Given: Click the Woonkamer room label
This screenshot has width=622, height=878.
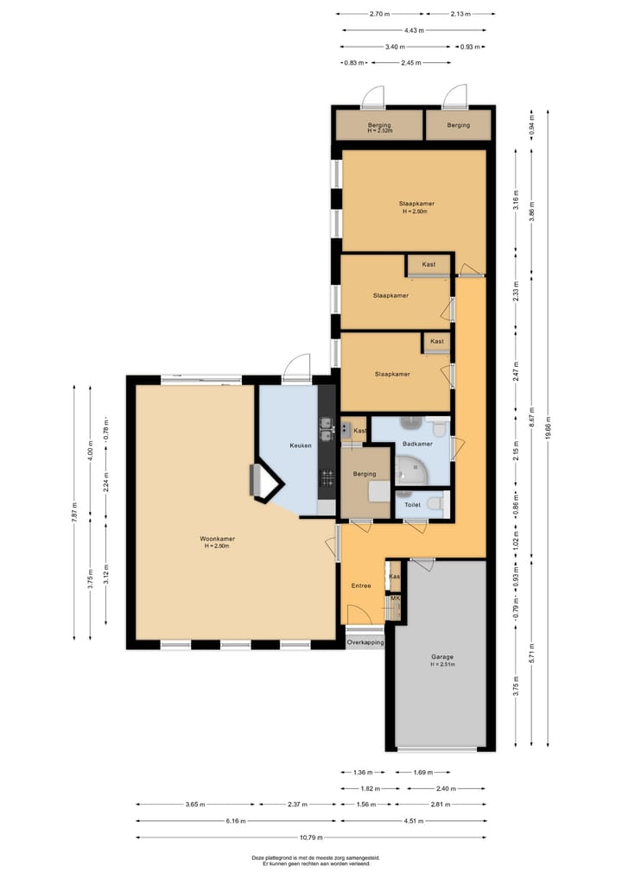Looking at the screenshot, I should [x=219, y=539].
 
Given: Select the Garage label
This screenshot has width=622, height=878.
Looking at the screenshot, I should [x=442, y=657].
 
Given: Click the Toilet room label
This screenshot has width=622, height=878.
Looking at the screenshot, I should [x=411, y=504].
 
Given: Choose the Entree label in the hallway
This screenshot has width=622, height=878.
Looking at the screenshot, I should [x=360, y=585].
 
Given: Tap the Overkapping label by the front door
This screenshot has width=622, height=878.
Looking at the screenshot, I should [x=365, y=642].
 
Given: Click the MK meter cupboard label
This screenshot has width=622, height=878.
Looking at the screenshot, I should [x=395, y=597].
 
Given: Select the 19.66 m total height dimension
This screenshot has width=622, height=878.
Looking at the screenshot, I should [x=548, y=427].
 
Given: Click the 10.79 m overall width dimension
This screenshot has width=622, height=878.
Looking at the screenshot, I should [x=311, y=837].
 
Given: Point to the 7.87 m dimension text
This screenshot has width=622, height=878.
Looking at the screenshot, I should [x=74, y=512].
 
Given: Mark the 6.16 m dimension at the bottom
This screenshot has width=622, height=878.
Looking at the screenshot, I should [x=235, y=821].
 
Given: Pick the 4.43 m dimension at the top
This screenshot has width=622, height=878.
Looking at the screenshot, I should [x=413, y=30].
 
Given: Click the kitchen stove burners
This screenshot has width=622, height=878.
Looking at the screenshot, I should [x=327, y=477].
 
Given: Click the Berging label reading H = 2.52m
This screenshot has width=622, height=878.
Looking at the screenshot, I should [x=379, y=128].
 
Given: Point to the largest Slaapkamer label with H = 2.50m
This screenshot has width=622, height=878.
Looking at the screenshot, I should [x=416, y=206].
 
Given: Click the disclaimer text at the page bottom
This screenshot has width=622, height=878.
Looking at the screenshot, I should [x=310, y=860].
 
